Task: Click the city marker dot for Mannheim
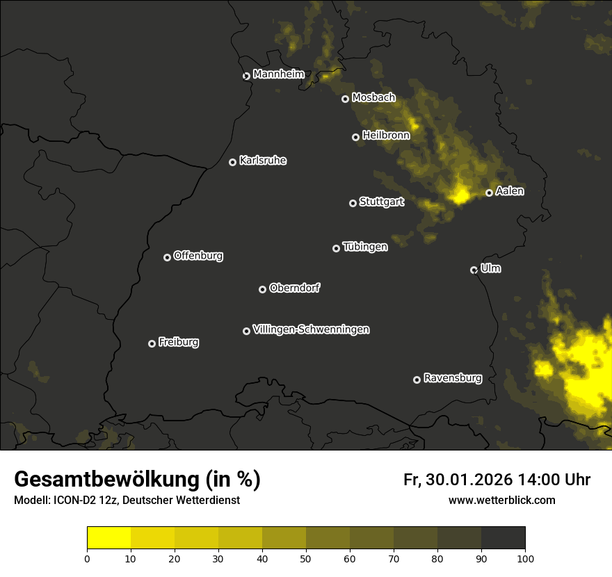point(246,76)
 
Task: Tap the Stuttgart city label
point(381,202)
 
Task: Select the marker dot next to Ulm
point(474,270)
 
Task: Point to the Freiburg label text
point(178,342)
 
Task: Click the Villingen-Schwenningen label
point(311,330)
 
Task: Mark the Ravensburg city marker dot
point(417,380)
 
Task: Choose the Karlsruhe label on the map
point(262,161)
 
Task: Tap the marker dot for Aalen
point(490,193)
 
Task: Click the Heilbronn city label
point(386,136)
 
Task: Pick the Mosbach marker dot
point(345,99)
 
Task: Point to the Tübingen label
point(365,247)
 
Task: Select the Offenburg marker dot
point(168,257)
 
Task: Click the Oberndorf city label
point(294,288)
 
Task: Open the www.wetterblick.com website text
point(501,501)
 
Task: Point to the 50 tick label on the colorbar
point(306,558)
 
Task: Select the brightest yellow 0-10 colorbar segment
point(109,538)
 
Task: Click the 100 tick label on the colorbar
point(525,558)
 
